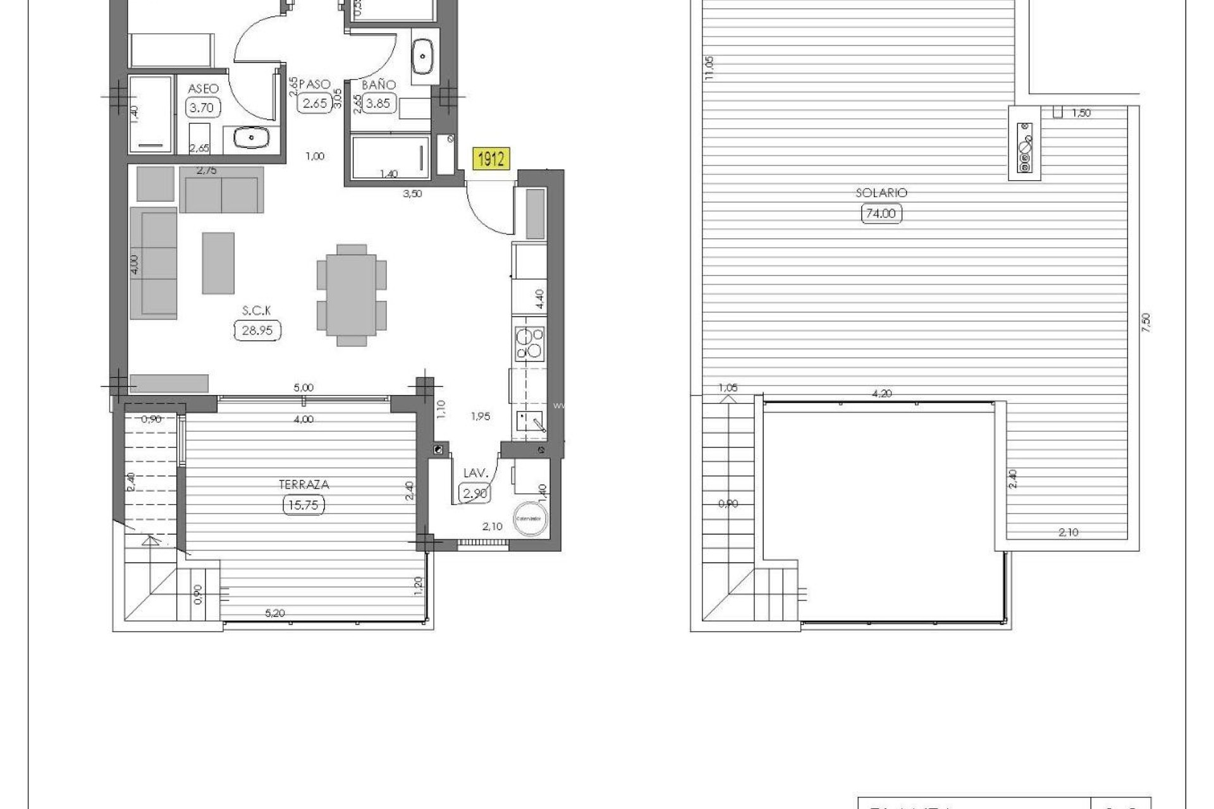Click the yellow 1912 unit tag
point(491,158)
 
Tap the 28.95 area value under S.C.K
point(257,331)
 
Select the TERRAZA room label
point(304,485)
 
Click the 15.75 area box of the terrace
point(304,505)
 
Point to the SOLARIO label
point(881,193)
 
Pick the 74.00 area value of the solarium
point(881,214)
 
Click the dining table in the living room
point(352,295)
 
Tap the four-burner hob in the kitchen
point(529,343)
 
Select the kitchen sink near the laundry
point(530,421)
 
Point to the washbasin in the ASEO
point(251,137)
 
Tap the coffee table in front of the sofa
point(218,263)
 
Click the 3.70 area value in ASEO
point(202,107)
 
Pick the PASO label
point(314,84)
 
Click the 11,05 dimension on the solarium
point(709,68)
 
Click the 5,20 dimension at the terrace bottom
point(274,613)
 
